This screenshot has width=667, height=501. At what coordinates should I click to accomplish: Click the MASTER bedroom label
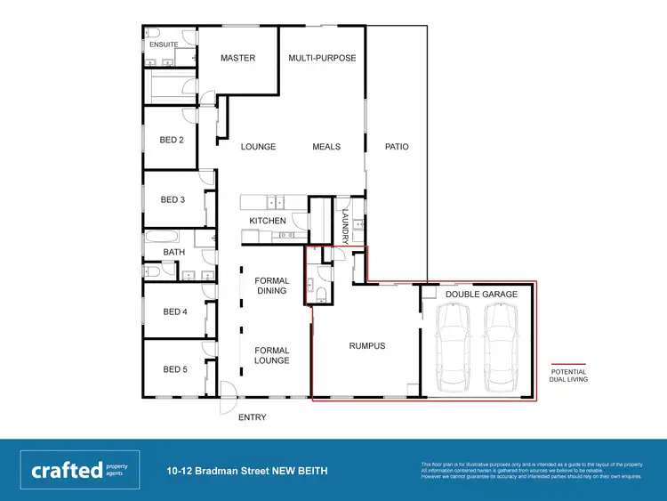coord(237,59)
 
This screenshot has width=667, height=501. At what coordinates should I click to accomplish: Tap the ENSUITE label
coord(164,44)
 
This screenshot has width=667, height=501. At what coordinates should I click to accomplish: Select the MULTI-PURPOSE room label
coord(322,59)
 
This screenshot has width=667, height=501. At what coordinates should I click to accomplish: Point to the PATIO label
coord(397,147)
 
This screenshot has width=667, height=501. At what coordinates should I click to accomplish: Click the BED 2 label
coord(172,140)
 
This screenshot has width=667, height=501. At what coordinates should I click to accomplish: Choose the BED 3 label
coord(173,199)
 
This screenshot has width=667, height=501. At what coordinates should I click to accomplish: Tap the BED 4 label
coord(173,312)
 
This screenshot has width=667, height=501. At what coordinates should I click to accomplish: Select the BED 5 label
coord(173,369)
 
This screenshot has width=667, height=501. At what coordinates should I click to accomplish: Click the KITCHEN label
coord(268,221)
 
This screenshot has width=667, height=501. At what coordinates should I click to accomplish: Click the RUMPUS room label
coord(366,346)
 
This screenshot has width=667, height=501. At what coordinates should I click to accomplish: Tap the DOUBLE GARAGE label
coord(481,294)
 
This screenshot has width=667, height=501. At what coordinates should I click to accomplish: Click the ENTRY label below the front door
coord(251,417)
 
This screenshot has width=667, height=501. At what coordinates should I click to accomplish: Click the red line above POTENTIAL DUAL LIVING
coord(569,363)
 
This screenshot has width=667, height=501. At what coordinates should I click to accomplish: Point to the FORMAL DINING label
coord(271,286)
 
